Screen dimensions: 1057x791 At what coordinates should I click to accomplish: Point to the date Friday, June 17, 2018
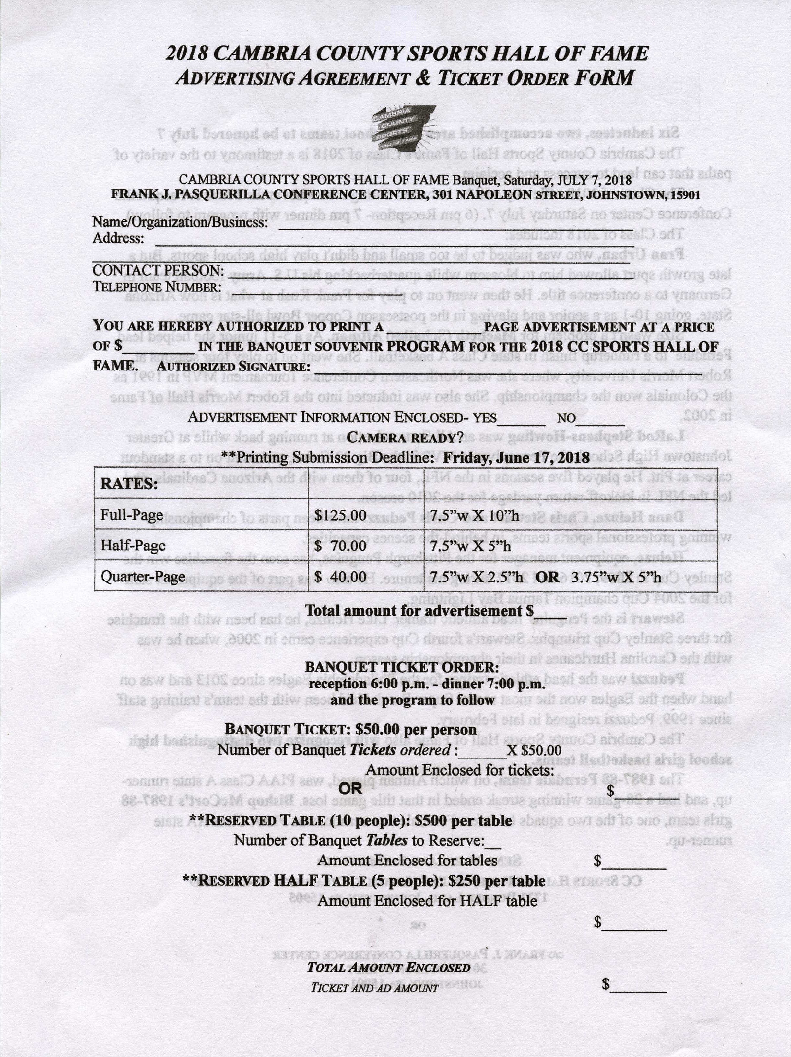pyautogui.click(x=516, y=458)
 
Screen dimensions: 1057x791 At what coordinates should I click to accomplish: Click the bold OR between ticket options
pyautogui.click(x=354, y=789)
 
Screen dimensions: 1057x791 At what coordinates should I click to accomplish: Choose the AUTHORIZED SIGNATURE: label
pyautogui.click(x=234, y=367)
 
